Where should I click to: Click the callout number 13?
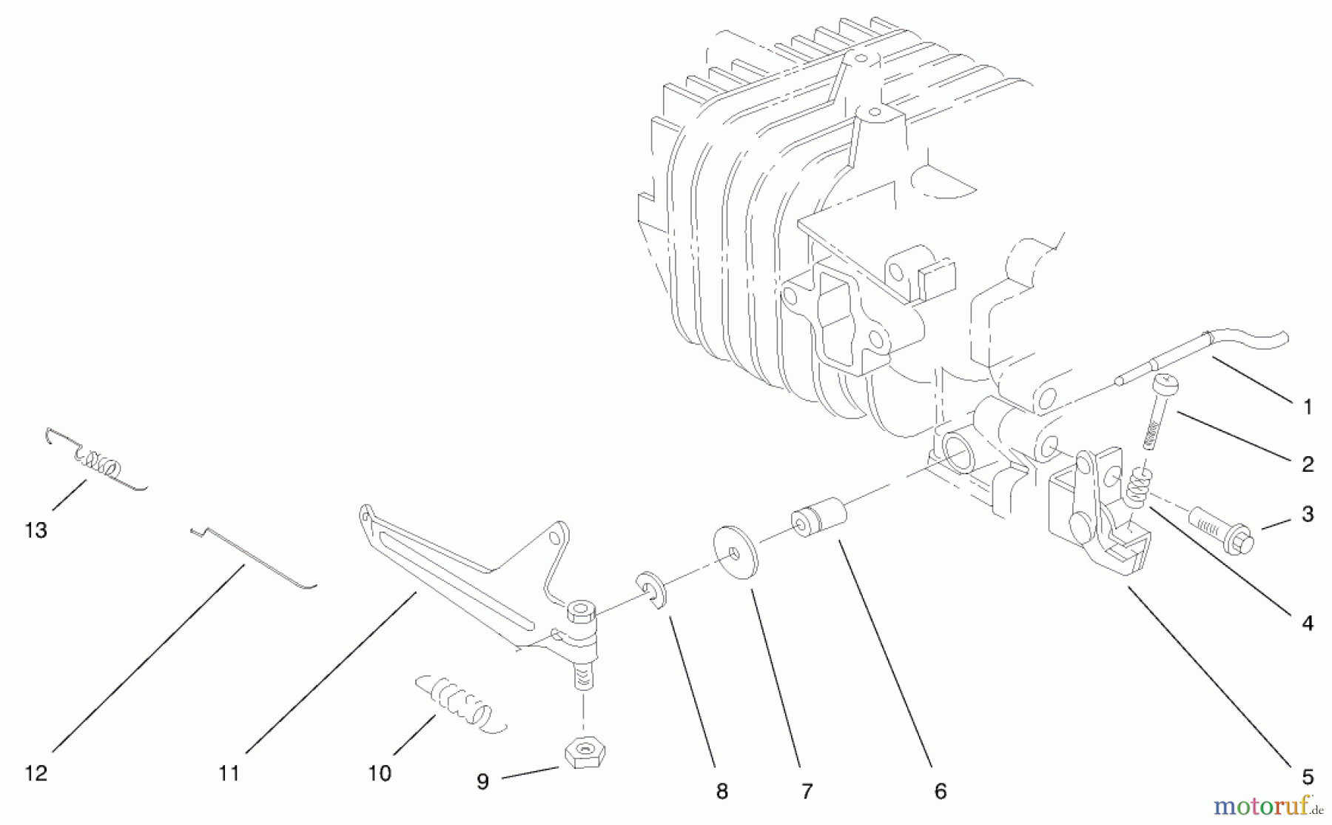pyautogui.click(x=36, y=530)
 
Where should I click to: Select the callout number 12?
pyautogui.click(x=36, y=773)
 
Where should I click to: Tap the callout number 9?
pyautogui.click(x=482, y=781)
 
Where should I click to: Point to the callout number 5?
pyautogui.click(x=1308, y=777)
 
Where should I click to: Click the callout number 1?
pyautogui.click(x=1308, y=407)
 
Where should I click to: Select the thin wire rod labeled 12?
pyautogui.click(x=252, y=557)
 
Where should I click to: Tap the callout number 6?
pyautogui.click(x=940, y=791)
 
